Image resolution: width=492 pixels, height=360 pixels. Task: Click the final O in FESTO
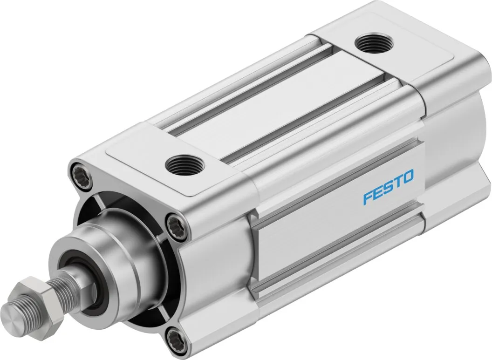[408, 176]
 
